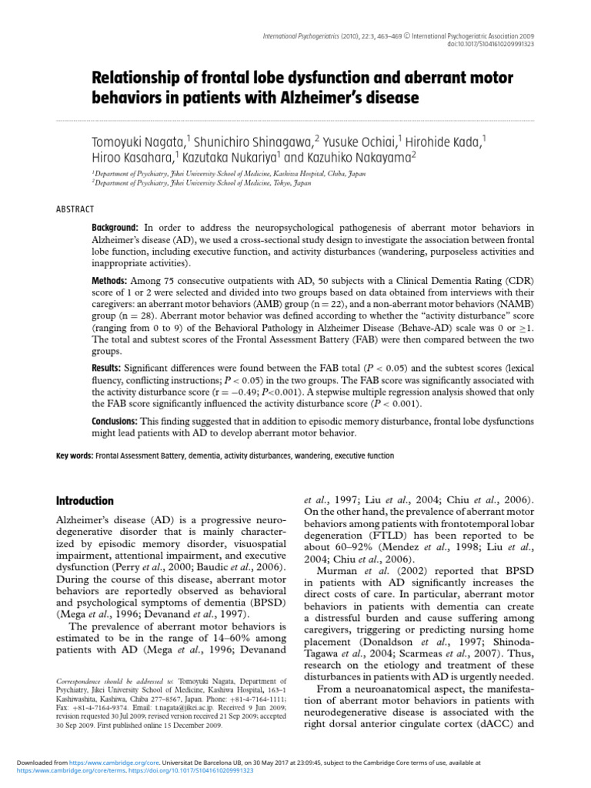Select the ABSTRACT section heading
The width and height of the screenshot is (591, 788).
(75, 209)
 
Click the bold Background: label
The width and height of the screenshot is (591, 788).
(115, 229)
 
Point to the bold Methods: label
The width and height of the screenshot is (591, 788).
(110, 282)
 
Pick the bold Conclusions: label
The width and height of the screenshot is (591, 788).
(115, 421)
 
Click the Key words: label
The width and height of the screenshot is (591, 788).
(75, 456)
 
